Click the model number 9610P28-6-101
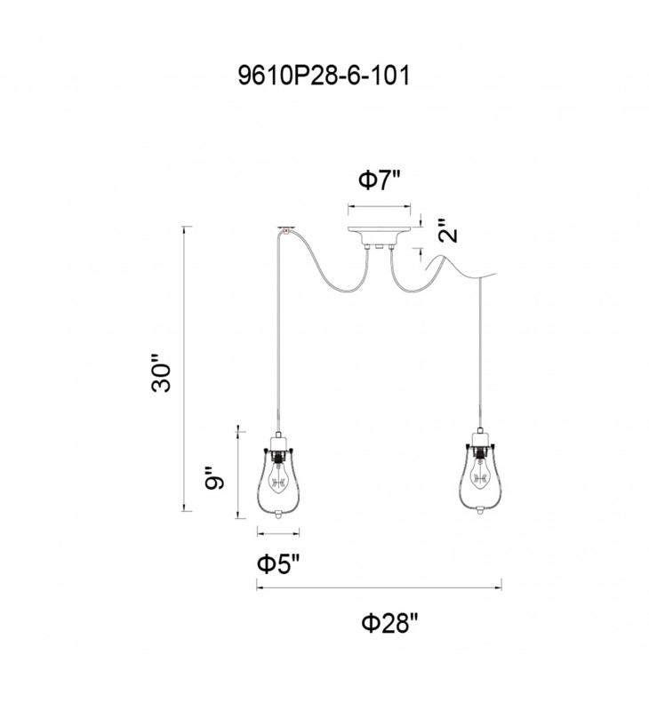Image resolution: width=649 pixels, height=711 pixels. pos(324,76)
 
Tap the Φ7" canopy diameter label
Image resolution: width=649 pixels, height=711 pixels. pos(380,180)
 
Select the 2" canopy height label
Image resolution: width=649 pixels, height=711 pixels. pos(448,231)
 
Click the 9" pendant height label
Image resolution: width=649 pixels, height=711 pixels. pos(214,477)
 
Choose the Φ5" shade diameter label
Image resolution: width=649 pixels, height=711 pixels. pos(278,564)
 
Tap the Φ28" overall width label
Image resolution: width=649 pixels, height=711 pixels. pos(389,623)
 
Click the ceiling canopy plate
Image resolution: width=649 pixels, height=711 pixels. pos(379,235)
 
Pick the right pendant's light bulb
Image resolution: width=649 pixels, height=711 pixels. pos(480,475)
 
